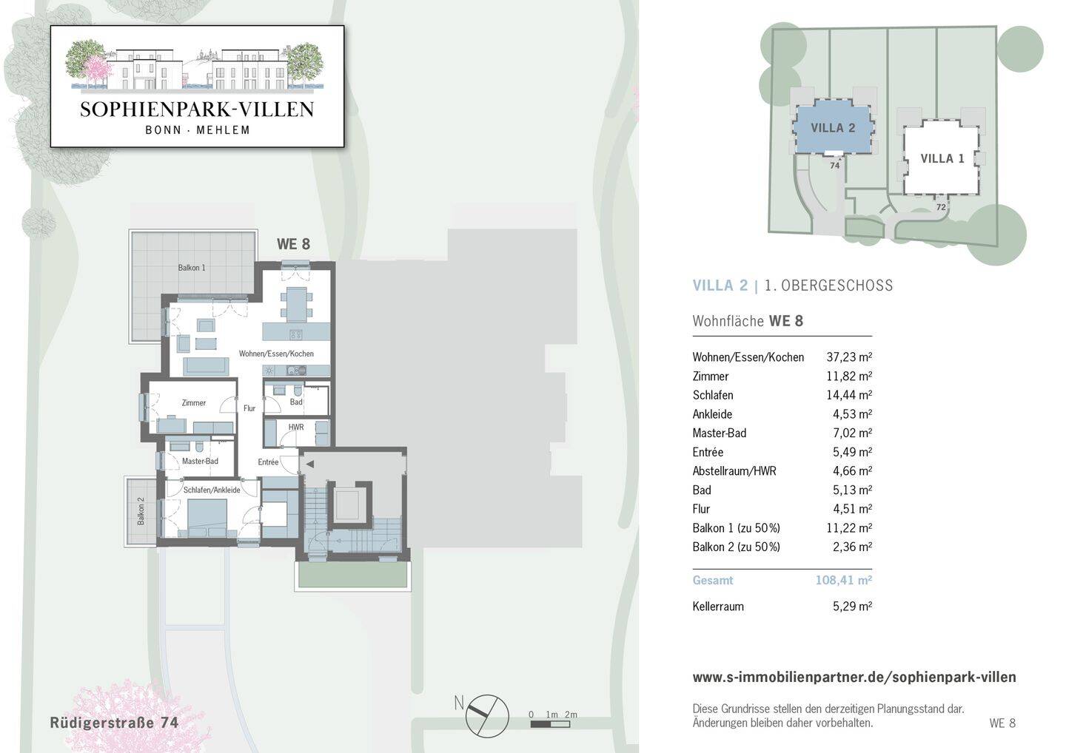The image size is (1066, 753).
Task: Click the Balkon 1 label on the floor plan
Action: tap(192, 268)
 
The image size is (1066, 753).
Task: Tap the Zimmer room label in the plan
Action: tap(194, 402)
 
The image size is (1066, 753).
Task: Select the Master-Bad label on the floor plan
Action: tap(200, 461)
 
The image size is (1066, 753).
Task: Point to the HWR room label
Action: tap(296, 427)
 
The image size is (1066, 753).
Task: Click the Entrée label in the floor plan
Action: tap(269, 462)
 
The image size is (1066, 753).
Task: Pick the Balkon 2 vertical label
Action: tap(141, 511)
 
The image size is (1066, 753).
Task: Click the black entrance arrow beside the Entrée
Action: tap(309, 464)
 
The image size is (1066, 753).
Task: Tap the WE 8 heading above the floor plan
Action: tap(293, 244)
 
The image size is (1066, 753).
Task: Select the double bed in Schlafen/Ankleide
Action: tap(207, 519)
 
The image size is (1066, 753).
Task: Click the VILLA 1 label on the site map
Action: tap(942, 158)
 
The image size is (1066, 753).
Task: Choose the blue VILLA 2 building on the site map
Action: tap(834, 126)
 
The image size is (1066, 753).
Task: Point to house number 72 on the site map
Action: tap(941, 207)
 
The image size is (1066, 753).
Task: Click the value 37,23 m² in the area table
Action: tap(849, 357)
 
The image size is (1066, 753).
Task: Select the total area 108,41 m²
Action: tap(844, 580)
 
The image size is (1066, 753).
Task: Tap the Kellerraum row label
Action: tap(718, 606)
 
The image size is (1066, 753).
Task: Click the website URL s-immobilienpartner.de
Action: tap(854, 677)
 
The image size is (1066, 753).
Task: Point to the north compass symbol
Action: tap(487, 716)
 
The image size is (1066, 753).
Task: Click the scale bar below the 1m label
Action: tap(550, 724)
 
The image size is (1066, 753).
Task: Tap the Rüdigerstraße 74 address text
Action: tap(114, 723)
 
